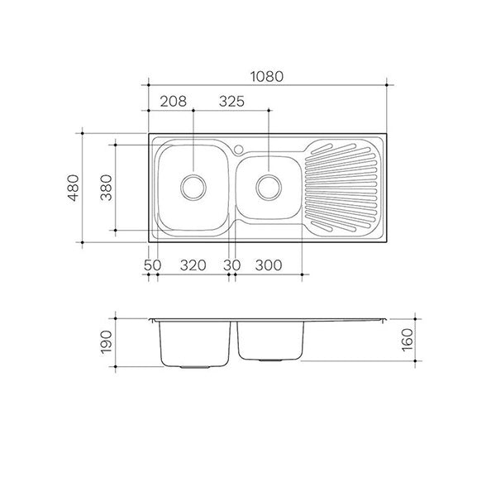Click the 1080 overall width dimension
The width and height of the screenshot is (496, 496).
(267, 75)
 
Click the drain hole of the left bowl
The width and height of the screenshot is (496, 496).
(193, 185)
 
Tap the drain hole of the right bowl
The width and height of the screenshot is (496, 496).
(268, 186)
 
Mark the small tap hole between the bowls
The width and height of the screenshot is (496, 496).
(237, 150)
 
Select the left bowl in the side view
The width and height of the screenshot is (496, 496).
(193, 343)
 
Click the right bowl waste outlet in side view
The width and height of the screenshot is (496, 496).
(268, 360)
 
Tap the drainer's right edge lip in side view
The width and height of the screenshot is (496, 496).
(384, 319)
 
